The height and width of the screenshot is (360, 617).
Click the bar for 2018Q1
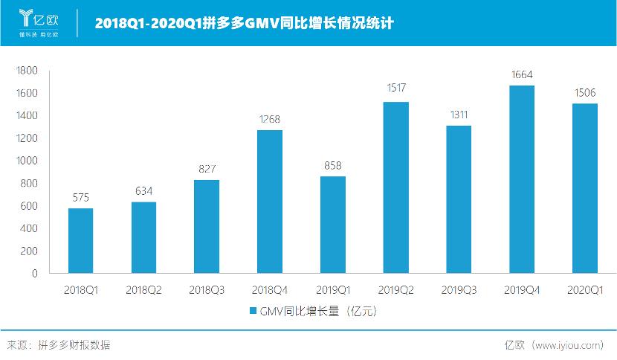click(80, 240)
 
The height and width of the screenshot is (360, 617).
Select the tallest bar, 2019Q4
click(522, 179)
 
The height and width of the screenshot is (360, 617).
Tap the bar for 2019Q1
click(332, 225)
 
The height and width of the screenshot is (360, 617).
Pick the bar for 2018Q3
click(207, 226)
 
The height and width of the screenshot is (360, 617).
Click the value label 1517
click(395, 89)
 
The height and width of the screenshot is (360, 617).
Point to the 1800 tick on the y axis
click(27, 71)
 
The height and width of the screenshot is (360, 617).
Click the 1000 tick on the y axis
click(27, 161)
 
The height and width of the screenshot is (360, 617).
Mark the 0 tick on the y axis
click(34, 274)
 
